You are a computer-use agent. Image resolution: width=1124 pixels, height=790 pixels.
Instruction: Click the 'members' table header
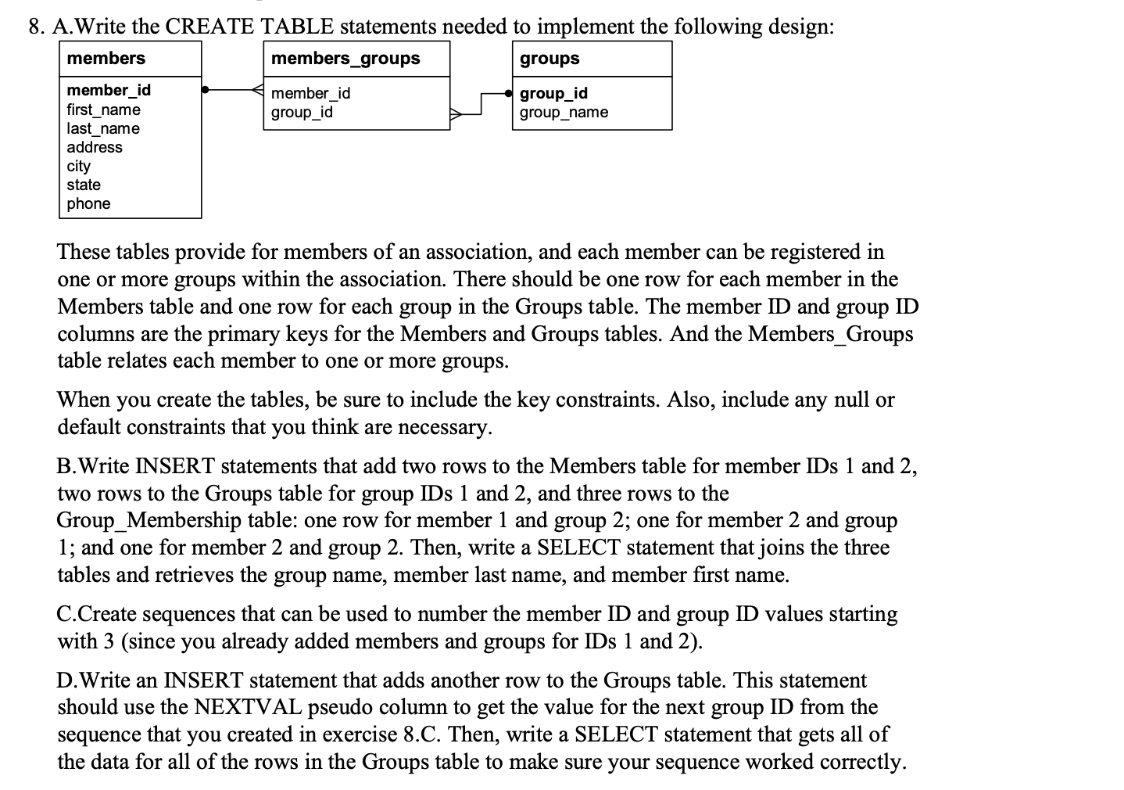(106, 59)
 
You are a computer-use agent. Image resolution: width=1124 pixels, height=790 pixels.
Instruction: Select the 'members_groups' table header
(345, 59)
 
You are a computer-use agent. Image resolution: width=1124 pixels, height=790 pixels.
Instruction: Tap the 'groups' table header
(549, 59)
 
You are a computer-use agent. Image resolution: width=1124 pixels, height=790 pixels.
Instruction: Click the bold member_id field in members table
(109, 90)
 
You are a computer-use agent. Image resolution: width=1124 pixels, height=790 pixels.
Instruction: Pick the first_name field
(103, 110)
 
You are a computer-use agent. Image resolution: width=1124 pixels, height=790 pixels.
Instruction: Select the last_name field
(103, 128)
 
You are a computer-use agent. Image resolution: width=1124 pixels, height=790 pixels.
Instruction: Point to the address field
(95, 147)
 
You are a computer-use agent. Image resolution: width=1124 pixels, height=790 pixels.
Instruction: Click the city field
(79, 166)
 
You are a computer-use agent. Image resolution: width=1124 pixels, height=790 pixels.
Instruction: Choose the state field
(84, 185)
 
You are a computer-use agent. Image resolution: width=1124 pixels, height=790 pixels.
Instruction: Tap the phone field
(88, 203)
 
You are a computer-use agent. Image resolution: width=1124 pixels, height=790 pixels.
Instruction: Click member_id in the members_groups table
(310, 93)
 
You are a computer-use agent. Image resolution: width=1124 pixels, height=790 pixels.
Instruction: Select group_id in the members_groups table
(302, 112)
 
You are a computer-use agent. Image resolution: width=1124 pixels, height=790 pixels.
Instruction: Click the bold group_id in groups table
(553, 93)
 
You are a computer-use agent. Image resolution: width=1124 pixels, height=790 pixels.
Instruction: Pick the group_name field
(564, 112)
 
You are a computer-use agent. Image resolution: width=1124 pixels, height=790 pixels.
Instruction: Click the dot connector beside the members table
(205, 90)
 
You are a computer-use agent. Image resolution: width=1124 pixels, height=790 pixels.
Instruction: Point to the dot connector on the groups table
(510, 93)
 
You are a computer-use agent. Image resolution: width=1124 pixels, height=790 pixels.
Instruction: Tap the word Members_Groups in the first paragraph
(830, 334)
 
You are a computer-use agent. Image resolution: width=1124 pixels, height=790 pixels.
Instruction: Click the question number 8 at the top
(35, 27)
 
